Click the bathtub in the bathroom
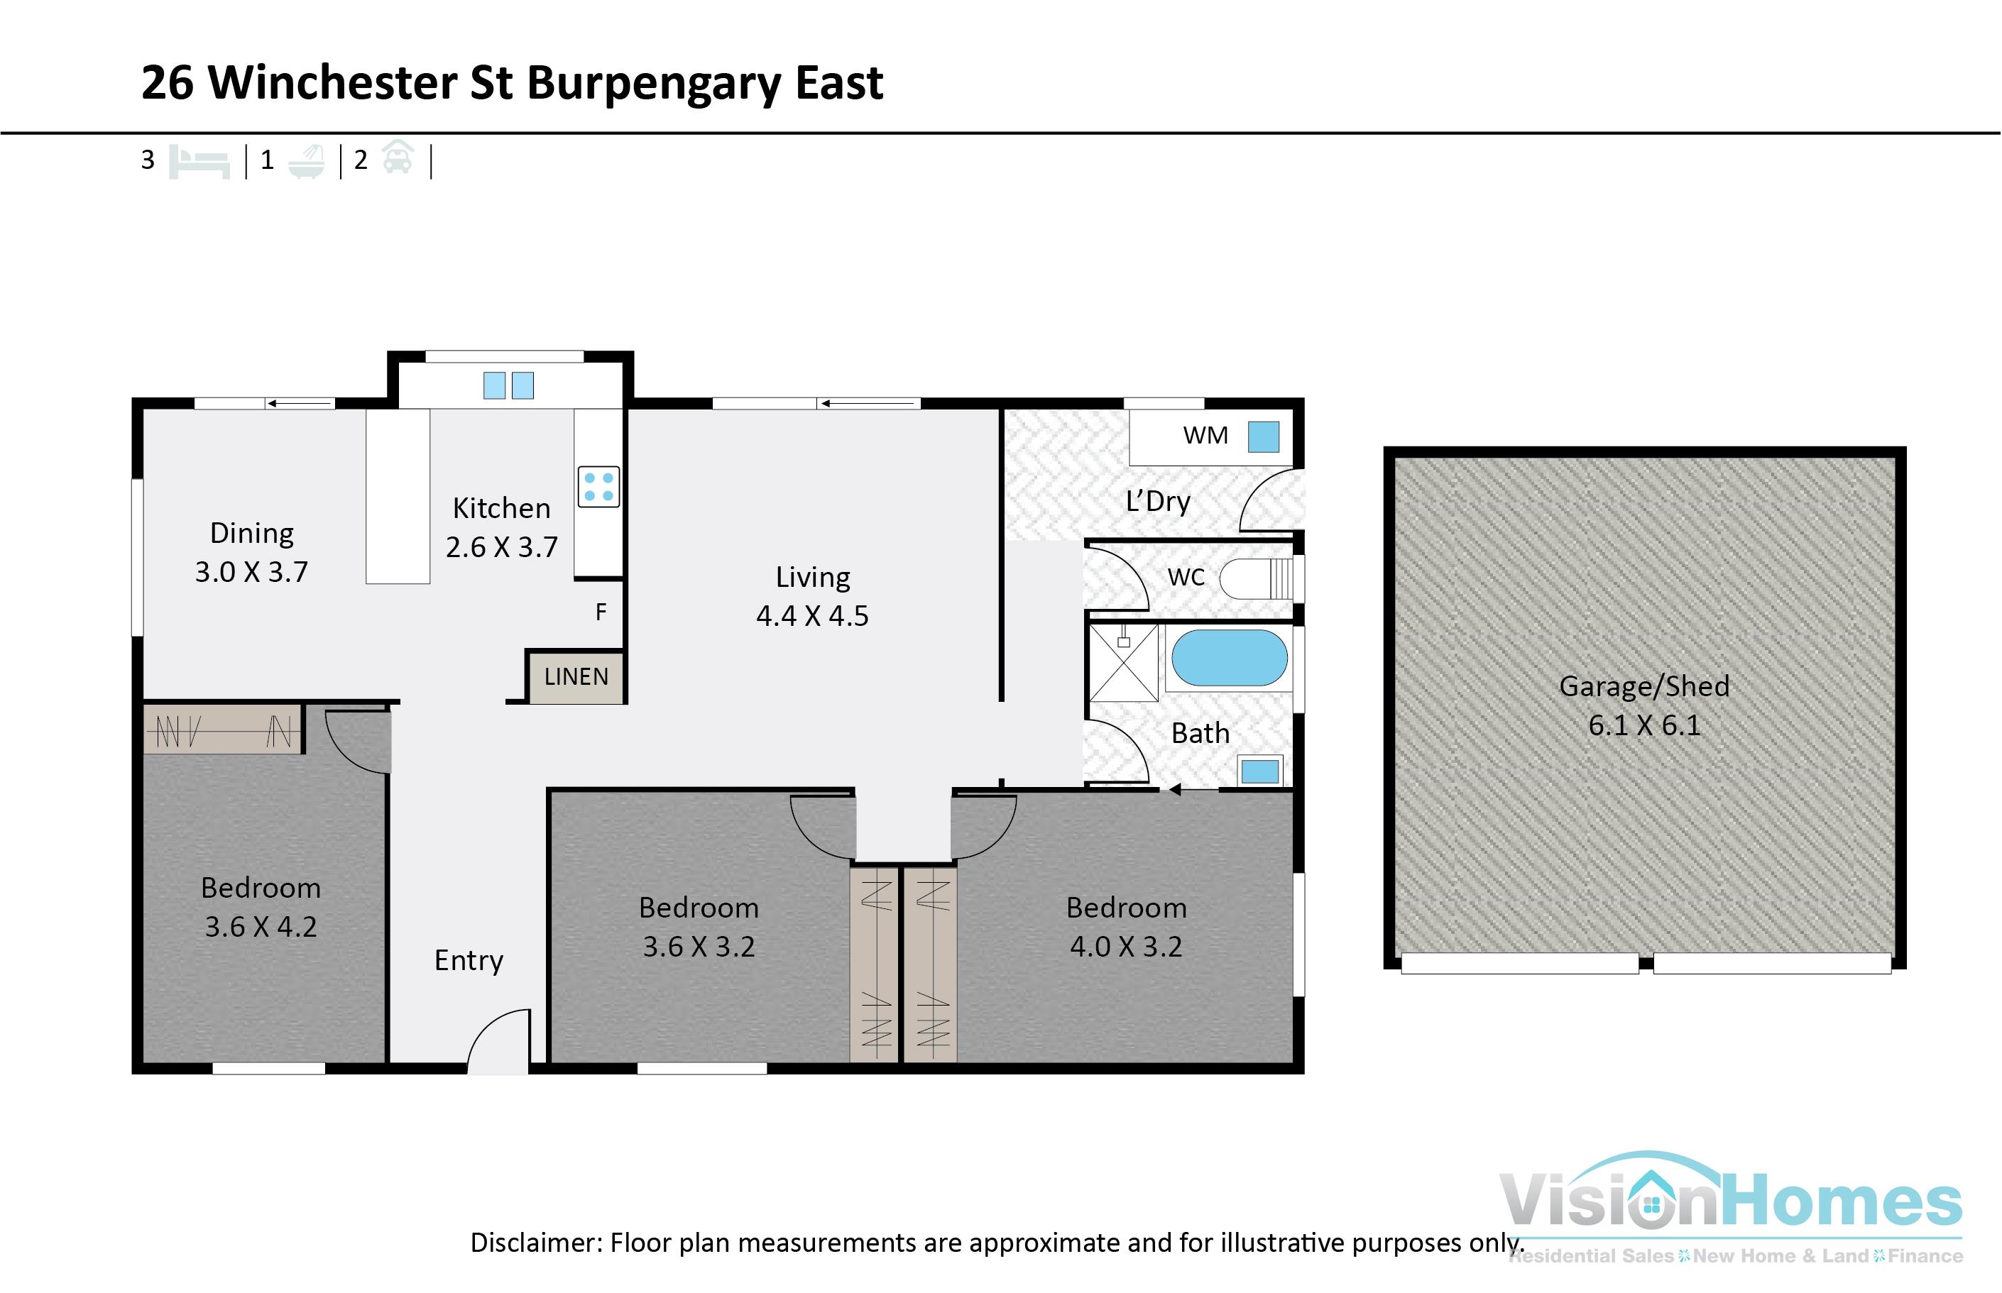tap(1229, 659)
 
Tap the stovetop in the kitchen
tap(598, 487)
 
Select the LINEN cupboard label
tap(576, 677)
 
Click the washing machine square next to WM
tap(1263, 436)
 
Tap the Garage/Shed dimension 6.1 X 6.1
tap(1643, 725)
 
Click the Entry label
tap(469, 960)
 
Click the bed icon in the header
tap(199, 161)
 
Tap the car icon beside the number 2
tap(398, 158)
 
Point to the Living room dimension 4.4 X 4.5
tap(812, 616)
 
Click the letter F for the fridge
tap(601, 612)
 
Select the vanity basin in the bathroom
tap(1259, 771)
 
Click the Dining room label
tap(251, 533)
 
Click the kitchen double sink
tap(508, 385)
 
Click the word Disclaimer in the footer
tap(535, 1243)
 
